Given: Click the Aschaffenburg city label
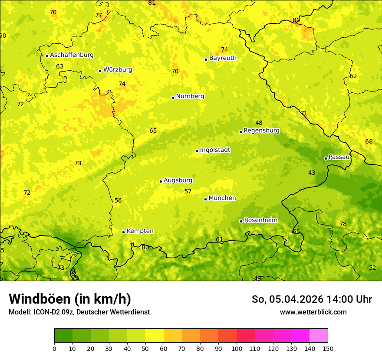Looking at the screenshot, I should tap(72, 55).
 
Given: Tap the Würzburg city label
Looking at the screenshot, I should tap(118, 70).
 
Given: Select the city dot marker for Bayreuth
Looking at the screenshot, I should tap(206, 59).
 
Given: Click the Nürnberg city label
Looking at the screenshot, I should tap(190, 96).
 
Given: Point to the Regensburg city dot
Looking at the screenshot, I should tap(240, 132).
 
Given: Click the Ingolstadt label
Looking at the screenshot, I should tap(215, 150).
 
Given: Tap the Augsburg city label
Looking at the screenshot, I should tap(178, 180).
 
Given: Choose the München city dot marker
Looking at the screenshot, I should tap(205, 199).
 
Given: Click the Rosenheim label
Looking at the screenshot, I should tap(260, 220).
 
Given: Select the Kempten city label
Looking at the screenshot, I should tap(140, 231).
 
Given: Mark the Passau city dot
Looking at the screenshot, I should tap(326, 158).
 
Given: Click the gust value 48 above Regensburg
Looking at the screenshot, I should tap(259, 123).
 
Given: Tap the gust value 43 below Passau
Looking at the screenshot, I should tap(312, 173).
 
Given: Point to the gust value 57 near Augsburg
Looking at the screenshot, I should tap(188, 192).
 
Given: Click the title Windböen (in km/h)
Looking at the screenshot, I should tap(70, 299).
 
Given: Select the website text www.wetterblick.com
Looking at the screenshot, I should tap(313, 312).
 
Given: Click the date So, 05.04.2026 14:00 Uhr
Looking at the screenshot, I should tap(312, 299).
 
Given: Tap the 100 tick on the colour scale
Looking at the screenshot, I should tap(237, 349).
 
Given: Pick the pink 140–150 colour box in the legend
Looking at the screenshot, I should tap(319, 336).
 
